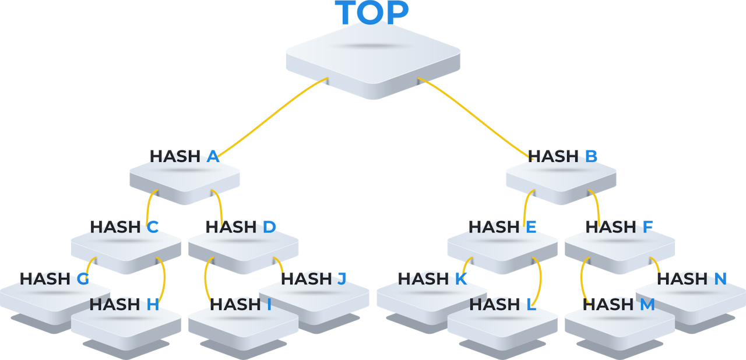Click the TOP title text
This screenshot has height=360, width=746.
(372, 13)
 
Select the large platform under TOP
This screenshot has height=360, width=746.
(372, 58)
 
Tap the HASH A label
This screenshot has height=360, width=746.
(184, 156)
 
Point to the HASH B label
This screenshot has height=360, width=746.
(563, 156)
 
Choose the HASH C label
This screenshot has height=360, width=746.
(124, 227)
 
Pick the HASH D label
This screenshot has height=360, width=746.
(241, 227)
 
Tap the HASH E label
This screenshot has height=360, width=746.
(502, 227)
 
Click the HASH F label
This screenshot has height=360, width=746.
(620, 227)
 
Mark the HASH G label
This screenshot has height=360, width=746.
(54, 279)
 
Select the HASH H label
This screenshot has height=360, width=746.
(124, 304)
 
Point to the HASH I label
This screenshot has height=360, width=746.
(241, 304)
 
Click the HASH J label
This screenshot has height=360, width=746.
(314, 279)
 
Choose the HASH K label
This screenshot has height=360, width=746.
(432, 279)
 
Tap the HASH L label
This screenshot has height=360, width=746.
(502, 304)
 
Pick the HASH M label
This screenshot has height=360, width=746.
(619, 304)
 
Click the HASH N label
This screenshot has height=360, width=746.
(692, 279)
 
